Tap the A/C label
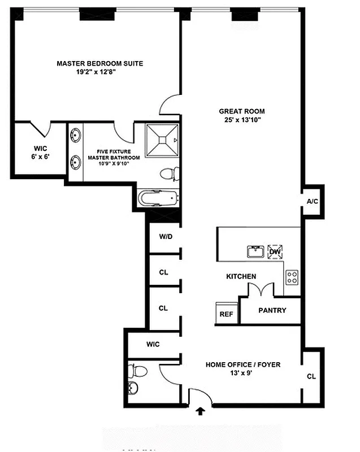[x=311, y=202]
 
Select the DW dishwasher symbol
[x=275, y=251]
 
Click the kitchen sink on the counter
[x=255, y=251]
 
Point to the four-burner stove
[x=292, y=277]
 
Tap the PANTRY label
[x=272, y=310]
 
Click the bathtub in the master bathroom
[x=158, y=199]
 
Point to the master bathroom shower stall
[x=162, y=140]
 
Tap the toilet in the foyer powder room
[x=137, y=371]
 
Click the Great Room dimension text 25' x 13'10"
[x=242, y=120]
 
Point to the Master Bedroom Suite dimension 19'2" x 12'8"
[x=99, y=72]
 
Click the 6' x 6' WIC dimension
[x=40, y=157]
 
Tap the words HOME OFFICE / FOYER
[x=242, y=364]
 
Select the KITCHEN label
[x=241, y=276]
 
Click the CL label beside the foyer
[x=311, y=376]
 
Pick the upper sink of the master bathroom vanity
[x=76, y=136]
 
